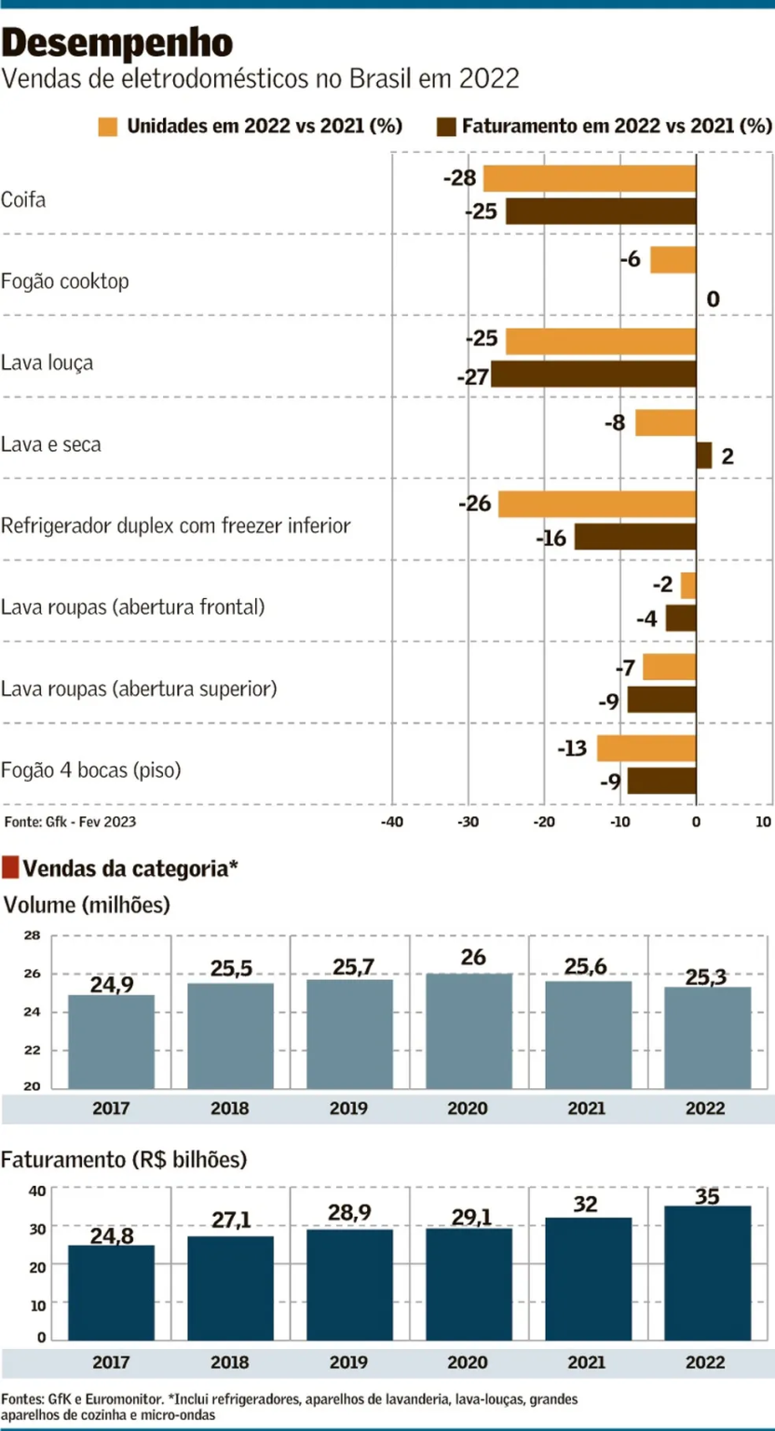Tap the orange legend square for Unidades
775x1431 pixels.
tap(108, 126)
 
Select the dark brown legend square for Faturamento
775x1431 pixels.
tap(443, 126)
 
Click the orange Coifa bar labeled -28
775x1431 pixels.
tap(589, 178)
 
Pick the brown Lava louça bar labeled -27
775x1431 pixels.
tap(593, 375)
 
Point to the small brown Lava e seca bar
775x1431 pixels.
tap(704, 456)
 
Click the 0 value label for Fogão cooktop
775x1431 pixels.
tap(713, 299)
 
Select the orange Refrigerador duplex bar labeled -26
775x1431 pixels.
tap(597, 504)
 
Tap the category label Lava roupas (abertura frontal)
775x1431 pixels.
tap(133, 607)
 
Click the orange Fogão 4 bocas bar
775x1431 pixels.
tap(646, 748)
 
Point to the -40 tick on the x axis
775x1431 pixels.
tap(391, 823)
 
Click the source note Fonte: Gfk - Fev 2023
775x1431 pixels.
tap(70, 822)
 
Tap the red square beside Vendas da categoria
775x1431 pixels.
tap(10, 868)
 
